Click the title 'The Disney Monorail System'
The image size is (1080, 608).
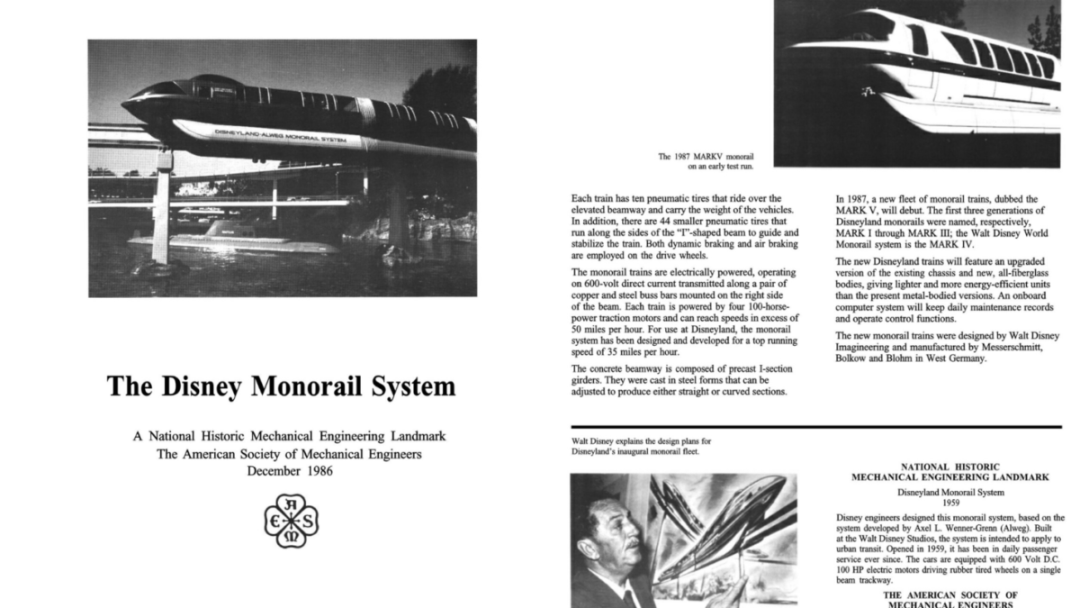tap(281, 386)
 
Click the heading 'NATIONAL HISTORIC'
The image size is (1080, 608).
tap(944, 467)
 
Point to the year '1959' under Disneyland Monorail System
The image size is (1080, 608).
tap(944, 503)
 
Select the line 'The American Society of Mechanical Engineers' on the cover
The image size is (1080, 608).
tap(289, 454)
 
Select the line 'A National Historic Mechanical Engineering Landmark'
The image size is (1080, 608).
tap(289, 436)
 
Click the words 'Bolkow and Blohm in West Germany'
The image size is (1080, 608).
tap(910, 358)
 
